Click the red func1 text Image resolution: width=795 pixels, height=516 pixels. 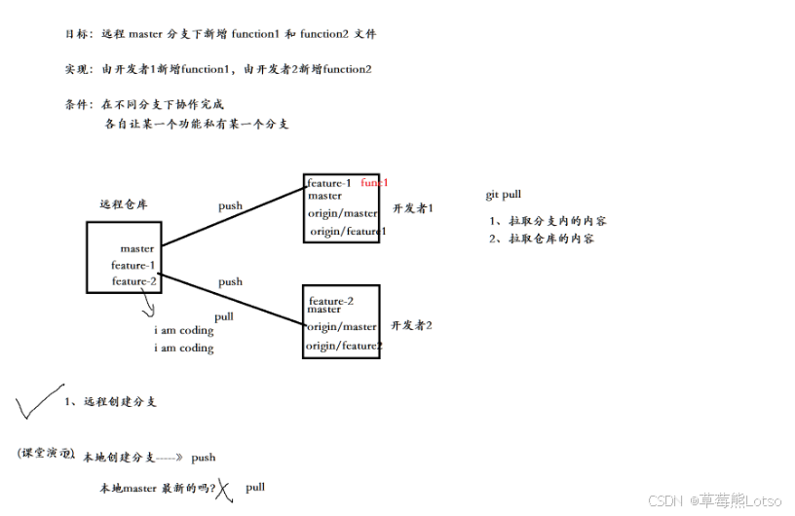click(374, 182)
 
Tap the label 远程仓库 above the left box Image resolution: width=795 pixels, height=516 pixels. click(124, 204)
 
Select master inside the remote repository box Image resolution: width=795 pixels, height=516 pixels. click(137, 248)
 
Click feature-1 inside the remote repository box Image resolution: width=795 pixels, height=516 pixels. click(132, 265)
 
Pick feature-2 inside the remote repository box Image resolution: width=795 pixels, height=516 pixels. click(133, 281)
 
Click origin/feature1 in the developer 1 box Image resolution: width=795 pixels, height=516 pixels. click(348, 231)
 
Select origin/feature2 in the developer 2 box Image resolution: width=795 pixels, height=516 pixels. click(344, 346)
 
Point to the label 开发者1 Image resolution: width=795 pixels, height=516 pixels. click(412, 208)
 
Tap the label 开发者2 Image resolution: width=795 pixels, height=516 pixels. click(411, 325)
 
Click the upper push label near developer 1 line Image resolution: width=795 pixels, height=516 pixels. click(230, 205)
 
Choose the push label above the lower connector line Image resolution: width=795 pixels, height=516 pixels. click(230, 281)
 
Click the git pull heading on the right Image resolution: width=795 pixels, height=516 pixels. click(503, 195)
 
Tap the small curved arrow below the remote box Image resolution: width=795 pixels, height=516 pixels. click(149, 307)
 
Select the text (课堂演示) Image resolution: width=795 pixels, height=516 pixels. click(46, 455)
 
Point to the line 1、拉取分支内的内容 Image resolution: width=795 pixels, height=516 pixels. click(549, 221)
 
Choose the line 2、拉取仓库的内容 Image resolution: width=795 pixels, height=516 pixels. click(542, 239)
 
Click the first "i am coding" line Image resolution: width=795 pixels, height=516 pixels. click(183, 331)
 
